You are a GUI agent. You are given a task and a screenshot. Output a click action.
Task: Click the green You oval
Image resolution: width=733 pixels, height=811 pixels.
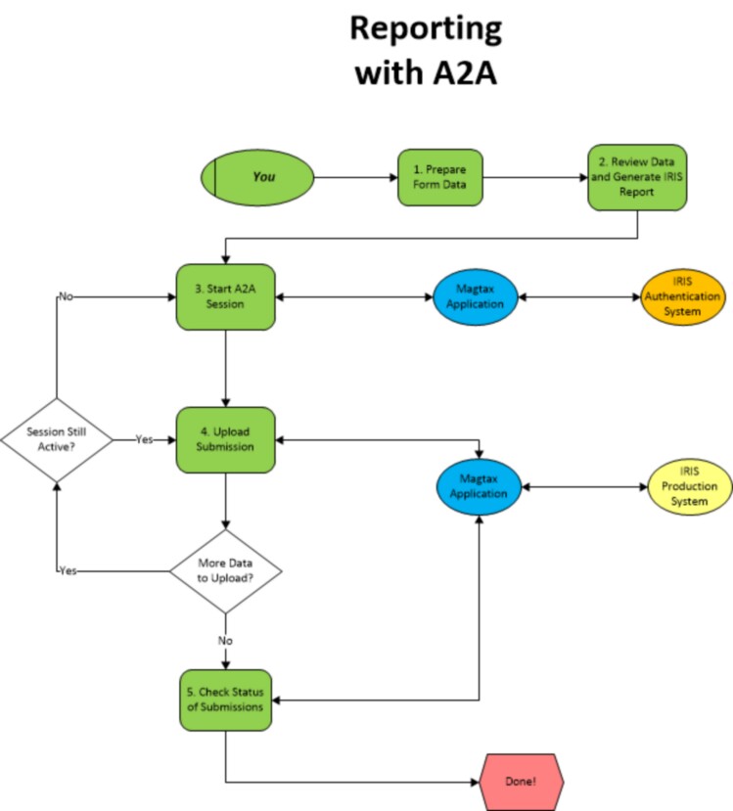pos(257,178)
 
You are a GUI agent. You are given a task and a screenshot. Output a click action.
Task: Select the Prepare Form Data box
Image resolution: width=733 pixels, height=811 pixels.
pos(439,177)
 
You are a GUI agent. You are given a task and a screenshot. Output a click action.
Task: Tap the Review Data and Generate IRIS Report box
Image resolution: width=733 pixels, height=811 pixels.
pos(637,177)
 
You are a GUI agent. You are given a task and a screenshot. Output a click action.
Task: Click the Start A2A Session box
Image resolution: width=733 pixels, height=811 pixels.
pos(226,296)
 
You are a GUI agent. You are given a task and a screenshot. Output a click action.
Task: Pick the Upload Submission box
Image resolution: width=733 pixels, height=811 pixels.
pos(226,440)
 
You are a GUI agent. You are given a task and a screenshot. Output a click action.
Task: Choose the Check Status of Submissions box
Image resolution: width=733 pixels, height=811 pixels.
pos(226,699)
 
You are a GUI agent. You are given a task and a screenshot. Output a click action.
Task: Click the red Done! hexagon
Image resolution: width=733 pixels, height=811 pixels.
pos(522,783)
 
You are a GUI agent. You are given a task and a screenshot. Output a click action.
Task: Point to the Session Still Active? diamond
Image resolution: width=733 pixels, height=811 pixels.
pos(58,440)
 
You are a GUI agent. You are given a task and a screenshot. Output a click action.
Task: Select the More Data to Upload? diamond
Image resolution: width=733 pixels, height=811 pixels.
pos(226,571)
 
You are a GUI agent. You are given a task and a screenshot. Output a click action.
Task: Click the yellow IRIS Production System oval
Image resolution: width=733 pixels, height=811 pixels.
pos(689,486)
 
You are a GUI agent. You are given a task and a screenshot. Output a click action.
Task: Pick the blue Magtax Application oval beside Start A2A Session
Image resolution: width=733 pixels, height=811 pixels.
pos(479,296)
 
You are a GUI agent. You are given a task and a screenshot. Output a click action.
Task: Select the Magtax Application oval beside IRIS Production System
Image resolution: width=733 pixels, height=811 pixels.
pos(479,486)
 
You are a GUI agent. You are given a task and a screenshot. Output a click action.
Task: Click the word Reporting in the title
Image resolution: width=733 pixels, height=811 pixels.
pos(425,30)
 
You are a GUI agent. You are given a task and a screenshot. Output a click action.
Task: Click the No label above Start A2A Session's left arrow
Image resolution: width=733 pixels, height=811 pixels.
pos(66,295)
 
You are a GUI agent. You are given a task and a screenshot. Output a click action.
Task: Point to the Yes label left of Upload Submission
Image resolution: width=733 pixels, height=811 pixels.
pos(143,440)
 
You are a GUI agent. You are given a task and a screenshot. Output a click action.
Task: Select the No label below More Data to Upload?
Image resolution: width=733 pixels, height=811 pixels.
pos(226,641)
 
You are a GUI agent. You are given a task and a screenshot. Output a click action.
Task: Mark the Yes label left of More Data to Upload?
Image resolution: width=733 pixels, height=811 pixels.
pos(68,571)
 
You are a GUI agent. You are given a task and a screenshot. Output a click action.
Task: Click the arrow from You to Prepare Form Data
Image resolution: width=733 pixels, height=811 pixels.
pos(355,178)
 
